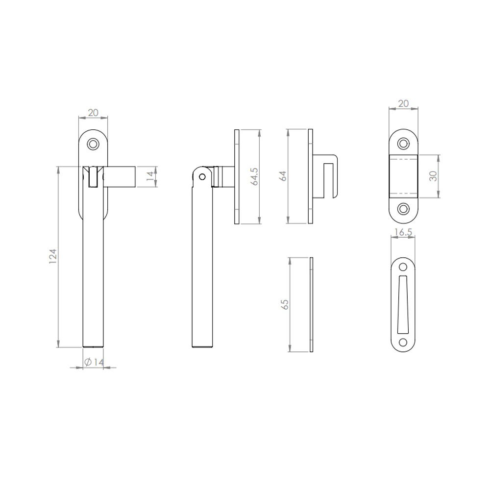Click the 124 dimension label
(x=53, y=256)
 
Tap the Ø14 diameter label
(x=94, y=362)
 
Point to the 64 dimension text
(x=283, y=176)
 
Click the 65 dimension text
(x=285, y=304)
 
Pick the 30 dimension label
(x=433, y=176)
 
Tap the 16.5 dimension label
(x=403, y=232)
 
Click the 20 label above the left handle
(x=93, y=113)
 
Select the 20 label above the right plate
(x=403, y=103)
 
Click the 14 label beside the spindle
(x=150, y=176)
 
